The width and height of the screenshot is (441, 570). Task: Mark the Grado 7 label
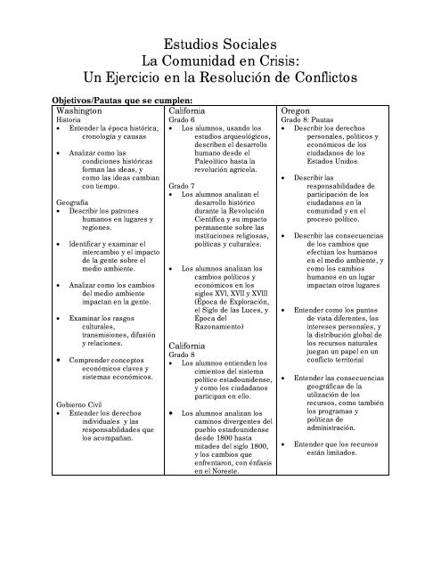181,183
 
